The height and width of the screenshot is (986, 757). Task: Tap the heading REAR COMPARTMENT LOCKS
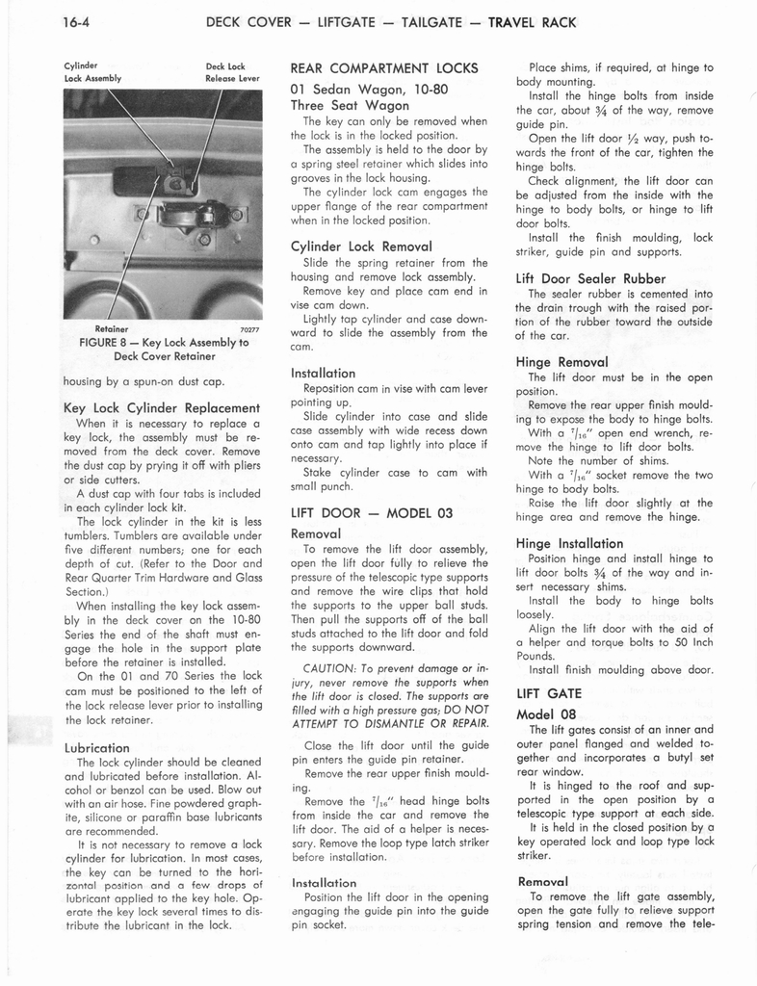click(381, 69)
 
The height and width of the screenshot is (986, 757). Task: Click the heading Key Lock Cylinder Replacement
click(161, 407)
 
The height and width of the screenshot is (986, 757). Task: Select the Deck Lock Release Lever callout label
click(232, 73)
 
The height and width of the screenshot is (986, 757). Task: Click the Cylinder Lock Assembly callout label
click(92, 73)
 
